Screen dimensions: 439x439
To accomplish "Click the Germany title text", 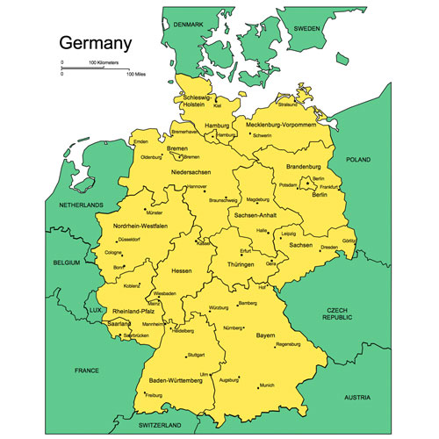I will coord(95,42).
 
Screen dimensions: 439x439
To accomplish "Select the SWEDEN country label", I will coord(306,28).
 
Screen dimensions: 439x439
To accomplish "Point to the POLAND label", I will coord(358,161).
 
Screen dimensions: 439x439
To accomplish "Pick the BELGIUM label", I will coord(66,263).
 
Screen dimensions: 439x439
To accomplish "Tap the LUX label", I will coord(95,310).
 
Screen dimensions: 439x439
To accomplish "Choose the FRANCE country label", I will coord(88,370).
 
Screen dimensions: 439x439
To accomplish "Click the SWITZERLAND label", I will coord(166,424).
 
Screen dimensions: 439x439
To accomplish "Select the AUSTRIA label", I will coord(357,398).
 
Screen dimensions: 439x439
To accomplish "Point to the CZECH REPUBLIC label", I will coord(338,315).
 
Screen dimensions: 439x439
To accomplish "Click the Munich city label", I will coord(267,385).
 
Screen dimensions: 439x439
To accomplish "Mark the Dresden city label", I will coord(329,248).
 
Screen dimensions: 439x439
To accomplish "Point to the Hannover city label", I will coord(197,186).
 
